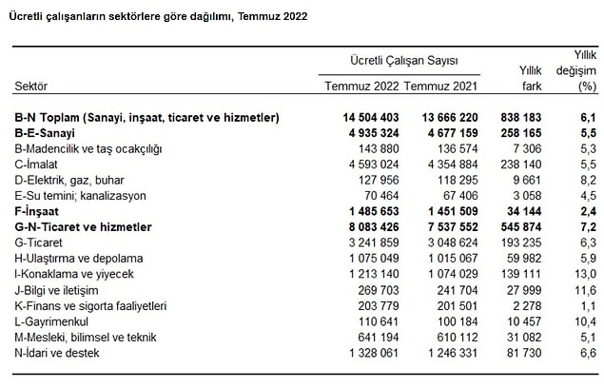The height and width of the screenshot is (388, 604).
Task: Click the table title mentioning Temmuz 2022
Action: pos(158,17)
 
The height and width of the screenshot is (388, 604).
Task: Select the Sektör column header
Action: pos(30,86)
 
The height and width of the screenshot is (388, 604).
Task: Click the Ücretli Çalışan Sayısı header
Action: pos(404,61)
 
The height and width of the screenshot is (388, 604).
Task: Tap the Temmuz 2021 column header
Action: pos(440,86)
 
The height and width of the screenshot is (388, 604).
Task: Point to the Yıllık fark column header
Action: pos(531,78)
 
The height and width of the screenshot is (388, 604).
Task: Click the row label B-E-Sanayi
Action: pos(45,133)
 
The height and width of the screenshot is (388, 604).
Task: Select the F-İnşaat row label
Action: pos(36,211)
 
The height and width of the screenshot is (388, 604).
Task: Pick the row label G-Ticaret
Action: pos(38,242)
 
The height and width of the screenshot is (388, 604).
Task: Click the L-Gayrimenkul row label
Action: pos(51,321)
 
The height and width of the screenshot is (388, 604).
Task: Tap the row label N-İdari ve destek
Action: pos(57,353)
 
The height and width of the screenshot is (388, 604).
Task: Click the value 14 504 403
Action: pos(371,118)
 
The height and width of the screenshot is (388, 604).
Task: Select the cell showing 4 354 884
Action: pos(453,165)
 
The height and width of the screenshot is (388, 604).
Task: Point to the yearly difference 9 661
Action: pos(527,180)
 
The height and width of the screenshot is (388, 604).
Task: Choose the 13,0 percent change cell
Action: pos(586,274)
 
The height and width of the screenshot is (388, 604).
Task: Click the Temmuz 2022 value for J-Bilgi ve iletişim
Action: pos(379,290)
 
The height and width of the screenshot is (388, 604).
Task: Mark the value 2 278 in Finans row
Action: pos(527,306)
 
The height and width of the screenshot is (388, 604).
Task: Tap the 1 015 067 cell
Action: pos(453,258)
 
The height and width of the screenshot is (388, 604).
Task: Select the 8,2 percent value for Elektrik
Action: pos(588,180)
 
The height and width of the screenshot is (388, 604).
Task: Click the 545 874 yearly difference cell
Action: pos(521,227)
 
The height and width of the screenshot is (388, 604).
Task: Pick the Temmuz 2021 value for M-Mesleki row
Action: pos(458,338)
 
